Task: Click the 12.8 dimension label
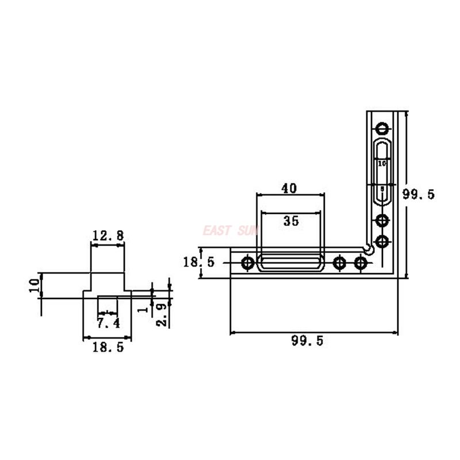click(x=108, y=235)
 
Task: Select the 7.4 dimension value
click(x=108, y=323)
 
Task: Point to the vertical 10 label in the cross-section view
click(x=34, y=285)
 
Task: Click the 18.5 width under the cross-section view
click(x=108, y=347)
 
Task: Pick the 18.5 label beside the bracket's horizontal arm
click(x=198, y=263)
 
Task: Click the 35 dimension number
click(x=292, y=221)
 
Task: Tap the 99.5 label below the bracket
click(x=308, y=341)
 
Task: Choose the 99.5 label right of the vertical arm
click(x=418, y=194)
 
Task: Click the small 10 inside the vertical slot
click(x=382, y=164)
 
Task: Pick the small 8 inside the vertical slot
click(x=382, y=189)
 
